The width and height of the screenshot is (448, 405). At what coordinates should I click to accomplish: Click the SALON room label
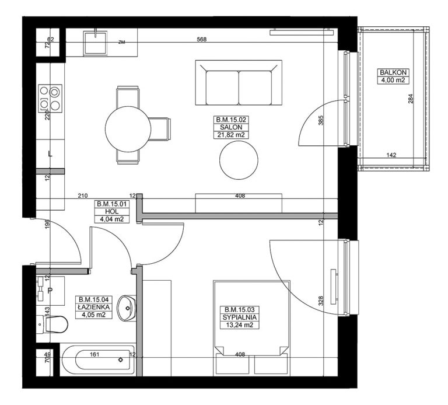(231, 127)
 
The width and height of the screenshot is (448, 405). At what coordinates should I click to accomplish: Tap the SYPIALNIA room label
(239, 317)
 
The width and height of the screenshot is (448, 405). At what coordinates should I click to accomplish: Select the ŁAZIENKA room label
(93, 307)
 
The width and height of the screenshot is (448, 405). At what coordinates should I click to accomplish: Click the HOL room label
(112, 212)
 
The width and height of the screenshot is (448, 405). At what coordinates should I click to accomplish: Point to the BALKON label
(393, 72)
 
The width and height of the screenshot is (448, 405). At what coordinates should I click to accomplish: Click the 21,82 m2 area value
(231, 135)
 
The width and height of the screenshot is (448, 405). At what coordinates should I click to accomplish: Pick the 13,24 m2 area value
(239, 325)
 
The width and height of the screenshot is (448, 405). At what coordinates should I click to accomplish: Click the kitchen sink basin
(96, 43)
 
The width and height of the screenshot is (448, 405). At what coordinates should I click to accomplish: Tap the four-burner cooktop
(50, 99)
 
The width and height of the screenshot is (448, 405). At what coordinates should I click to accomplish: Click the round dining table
(128, 129)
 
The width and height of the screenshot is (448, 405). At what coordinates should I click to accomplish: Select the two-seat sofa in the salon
(239, 83)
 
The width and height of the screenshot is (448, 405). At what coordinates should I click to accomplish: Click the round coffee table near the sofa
(239, 160)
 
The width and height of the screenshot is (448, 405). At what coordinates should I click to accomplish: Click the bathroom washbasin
(127, 308)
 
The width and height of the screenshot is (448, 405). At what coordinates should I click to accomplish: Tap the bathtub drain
(121, 359)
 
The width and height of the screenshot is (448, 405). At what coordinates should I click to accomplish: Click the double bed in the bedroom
(251, 328)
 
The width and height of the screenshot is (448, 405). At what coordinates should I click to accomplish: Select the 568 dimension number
(202, 40)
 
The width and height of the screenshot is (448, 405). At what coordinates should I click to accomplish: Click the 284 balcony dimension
(411, 99)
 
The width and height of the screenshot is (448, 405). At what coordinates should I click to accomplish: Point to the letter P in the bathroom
(50, 291)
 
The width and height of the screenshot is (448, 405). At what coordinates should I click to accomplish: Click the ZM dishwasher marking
(122, 43)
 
